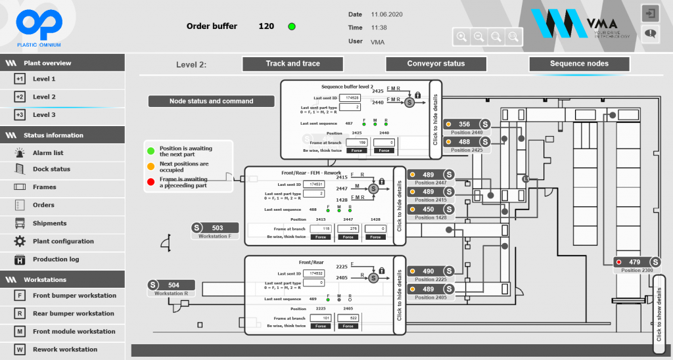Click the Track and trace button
pos(292,64)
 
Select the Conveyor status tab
pos(436,64)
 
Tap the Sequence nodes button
pos(579,64)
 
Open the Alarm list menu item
pos(48,152)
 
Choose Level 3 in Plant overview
pos(44,115)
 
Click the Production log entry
pos(55,259)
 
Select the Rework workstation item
pos(64,349)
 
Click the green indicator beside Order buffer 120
pos(292,26)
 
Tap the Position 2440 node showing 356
pos(467,124)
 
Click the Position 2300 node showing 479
pos(637,262)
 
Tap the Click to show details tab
pos(659,308)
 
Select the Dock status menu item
pos(51,169)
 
